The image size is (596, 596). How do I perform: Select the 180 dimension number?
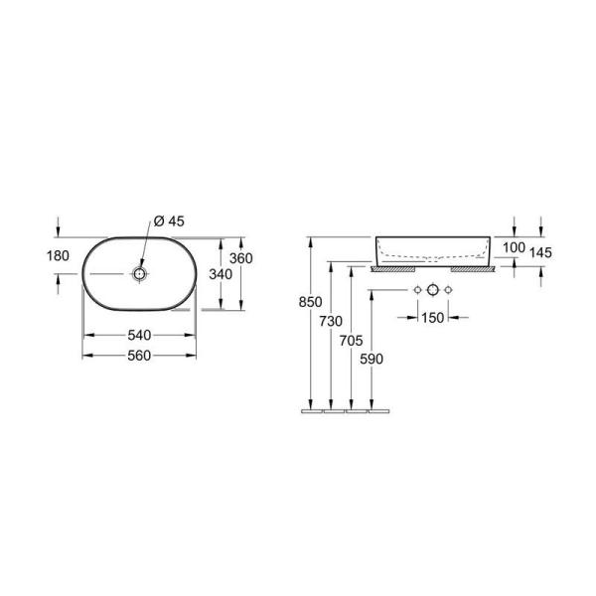click(x=59, y=256)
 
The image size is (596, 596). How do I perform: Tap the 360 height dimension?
click(x=241, y=258)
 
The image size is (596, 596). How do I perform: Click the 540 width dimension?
click(x=138, y=335)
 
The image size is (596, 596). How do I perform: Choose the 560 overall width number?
click(x=138, y=356)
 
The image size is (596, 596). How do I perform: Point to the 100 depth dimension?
click(x=514, y=247)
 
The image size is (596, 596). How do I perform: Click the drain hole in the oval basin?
click(x=139, y=272)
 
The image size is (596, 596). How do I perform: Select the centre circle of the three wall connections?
click(x=433, y=289)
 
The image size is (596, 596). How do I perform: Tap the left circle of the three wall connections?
click(x=418, y=289)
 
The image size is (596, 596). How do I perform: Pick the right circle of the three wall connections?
click(x=449, y=289)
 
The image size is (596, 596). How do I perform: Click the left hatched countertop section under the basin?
click(x=387, y=268)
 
